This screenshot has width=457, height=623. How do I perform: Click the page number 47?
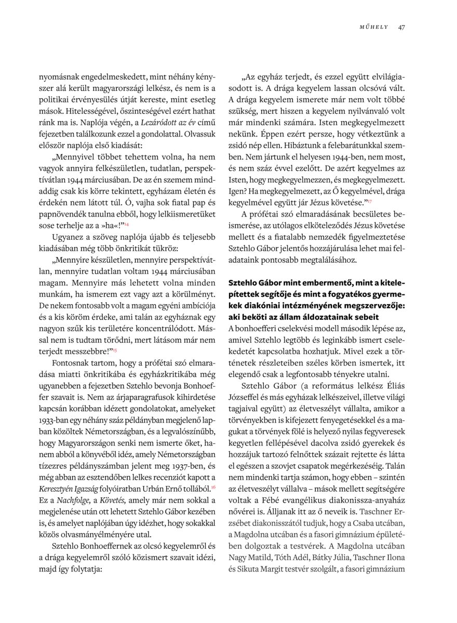pos(401,26)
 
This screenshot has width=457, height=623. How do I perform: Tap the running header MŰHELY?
pos(374,27)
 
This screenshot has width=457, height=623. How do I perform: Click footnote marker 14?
pos(127,224)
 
